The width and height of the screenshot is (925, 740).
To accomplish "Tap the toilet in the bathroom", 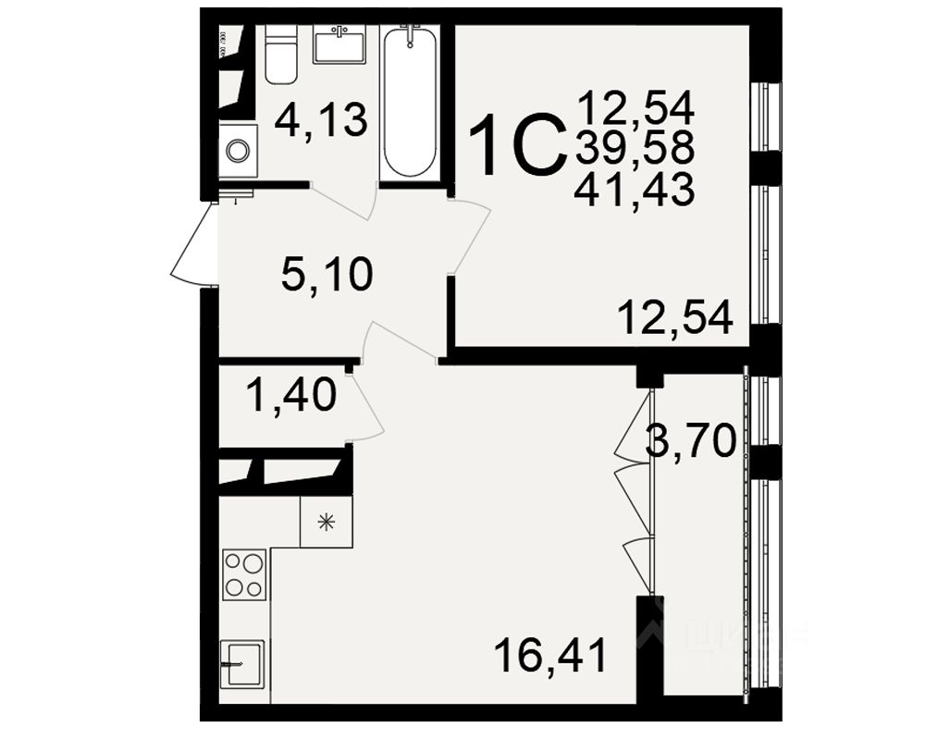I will point(278,54).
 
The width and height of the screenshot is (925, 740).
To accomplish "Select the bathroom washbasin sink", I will point(339,43).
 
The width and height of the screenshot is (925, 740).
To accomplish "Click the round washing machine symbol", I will point(238,150).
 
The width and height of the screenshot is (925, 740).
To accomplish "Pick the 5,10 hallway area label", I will point(327,275).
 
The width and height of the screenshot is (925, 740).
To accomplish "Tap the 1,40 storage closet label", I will point(289,398).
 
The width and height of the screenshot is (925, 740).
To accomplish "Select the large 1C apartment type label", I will point(516,146).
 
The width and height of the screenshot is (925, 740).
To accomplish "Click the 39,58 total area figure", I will point(634,149).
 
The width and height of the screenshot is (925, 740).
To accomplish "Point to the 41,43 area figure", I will point(634,191).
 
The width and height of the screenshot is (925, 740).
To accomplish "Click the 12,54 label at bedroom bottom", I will point(676,319).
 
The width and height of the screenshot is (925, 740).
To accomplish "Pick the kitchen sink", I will point(242,662).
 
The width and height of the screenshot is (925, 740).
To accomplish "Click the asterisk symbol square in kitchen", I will point(326,521).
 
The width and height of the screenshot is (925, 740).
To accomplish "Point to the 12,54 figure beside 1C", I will point(634,108).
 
